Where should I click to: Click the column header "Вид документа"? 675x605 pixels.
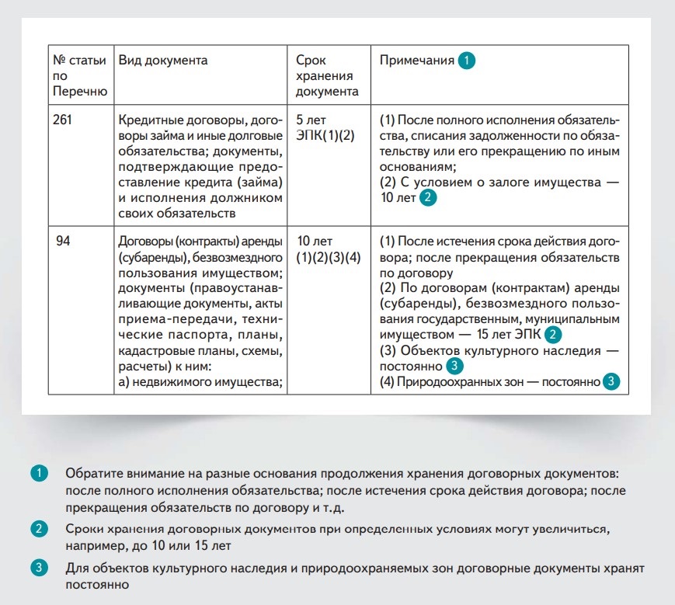coord(163,61)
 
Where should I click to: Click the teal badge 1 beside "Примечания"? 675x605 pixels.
coord(465,61)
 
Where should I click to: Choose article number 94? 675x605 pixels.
coord(64,242)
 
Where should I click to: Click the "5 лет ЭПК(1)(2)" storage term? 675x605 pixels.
coord(325,127)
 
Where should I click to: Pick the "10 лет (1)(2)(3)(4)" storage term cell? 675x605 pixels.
coord(329,249)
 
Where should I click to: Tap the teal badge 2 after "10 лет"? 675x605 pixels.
coord(427,198)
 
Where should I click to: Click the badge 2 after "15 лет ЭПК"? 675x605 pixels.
coord(552,336)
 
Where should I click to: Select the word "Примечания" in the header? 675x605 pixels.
coord(416,61)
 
